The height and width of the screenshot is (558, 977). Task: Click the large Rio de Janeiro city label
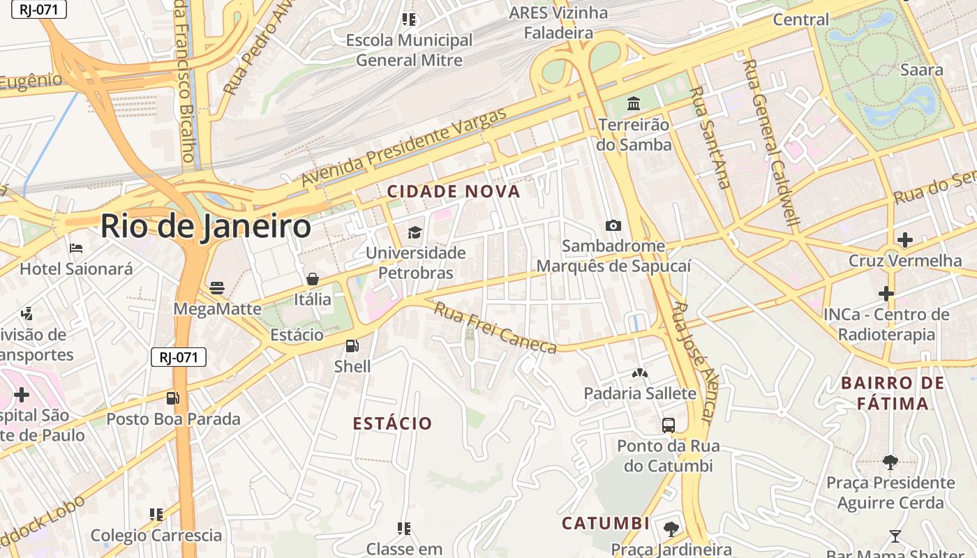[206, 227]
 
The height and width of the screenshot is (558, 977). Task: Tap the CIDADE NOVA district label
[454, 191]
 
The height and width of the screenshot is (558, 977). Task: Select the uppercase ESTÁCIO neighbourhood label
[392, 423]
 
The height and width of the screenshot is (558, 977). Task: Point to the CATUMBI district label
[606, 523]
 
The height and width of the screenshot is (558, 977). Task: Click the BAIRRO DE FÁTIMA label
[893, 393]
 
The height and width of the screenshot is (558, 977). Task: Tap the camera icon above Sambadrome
[613, 225]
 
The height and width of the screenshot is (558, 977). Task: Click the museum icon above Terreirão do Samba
[634, 104]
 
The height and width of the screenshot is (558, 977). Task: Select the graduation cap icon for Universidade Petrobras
[415, 232]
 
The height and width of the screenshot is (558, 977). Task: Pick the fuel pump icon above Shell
[352, 345]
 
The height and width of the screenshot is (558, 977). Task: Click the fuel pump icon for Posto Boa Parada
[172, 398]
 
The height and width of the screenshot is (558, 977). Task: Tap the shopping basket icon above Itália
[313, 279]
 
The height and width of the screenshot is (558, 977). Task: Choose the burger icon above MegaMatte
[217, 287]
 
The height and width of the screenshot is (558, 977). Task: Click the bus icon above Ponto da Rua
[668, 425]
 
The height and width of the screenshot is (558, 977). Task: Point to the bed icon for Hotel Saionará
[75, 248]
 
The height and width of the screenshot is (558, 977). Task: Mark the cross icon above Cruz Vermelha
[904, 240]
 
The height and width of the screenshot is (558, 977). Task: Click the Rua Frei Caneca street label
[495, 328]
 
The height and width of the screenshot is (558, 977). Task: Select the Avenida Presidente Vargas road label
[404, 147]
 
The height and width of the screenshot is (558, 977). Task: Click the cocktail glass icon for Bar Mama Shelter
[895, 536]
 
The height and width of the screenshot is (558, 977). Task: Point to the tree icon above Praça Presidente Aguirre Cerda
[890, 461]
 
